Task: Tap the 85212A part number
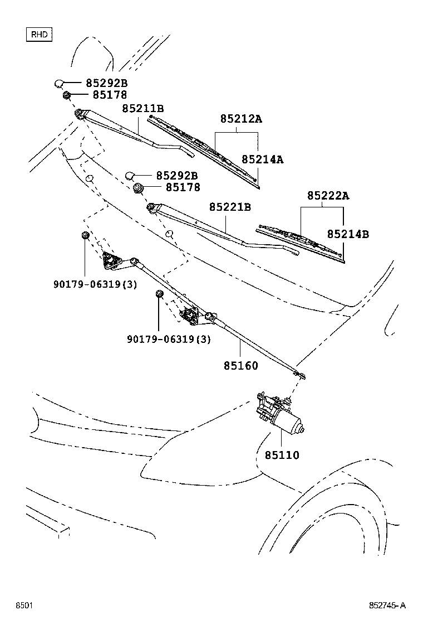[x=240, y=119]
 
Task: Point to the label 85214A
[x=262, y=159]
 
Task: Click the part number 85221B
[x=230, y=207]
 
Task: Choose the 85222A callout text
[x=328, y=196]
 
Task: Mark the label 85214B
[x=348, y=235]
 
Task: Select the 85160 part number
[x=241, y=366]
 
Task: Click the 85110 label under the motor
[x=282, y=456]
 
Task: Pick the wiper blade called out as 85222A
[x=301, y=240]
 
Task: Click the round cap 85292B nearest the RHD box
[x=60, y=84]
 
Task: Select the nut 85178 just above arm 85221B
[x=139, y=188]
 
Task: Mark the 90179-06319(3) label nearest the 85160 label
[x=169, y=339]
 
